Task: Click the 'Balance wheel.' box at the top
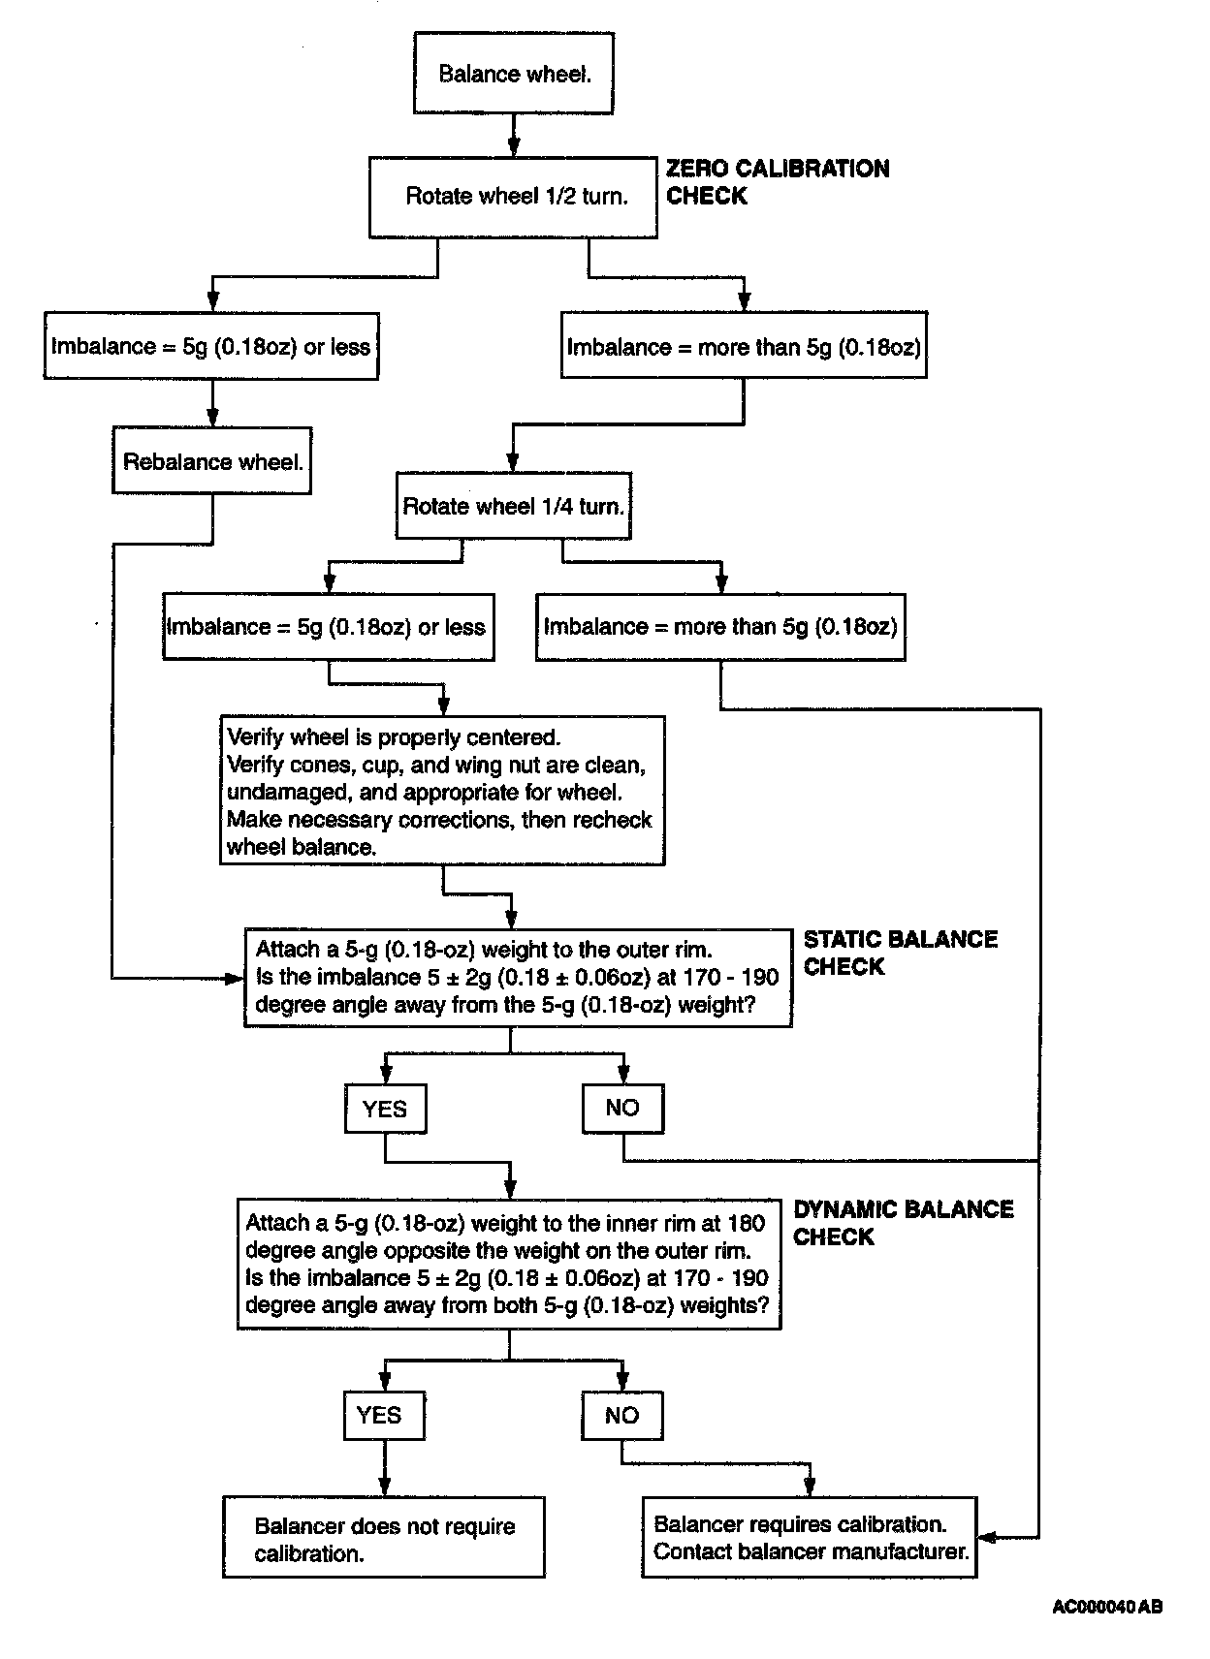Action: pos(514,75)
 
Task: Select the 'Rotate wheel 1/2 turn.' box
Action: pos(513,197)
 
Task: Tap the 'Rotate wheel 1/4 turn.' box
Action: pos(513,506)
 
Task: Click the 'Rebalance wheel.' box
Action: pos(211,461)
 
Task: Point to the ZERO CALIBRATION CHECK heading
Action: pos(777,182)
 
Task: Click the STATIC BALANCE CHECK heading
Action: pos(900,953)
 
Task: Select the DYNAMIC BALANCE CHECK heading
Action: pos(903,1223)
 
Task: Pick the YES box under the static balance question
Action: pos(385,1109)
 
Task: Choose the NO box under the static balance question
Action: pos(622,1109)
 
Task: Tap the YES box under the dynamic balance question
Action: pos(385,1415)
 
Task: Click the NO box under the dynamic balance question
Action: pos(622,1415)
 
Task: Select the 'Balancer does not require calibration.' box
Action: pos(384,1540)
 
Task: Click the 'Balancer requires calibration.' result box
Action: pos(809,1538)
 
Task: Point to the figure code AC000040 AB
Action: pos(1107,1607)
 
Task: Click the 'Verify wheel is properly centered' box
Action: pos(442,791)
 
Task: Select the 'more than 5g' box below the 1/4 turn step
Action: pos(720,627)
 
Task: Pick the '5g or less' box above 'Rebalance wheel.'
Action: pos(211,346)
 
